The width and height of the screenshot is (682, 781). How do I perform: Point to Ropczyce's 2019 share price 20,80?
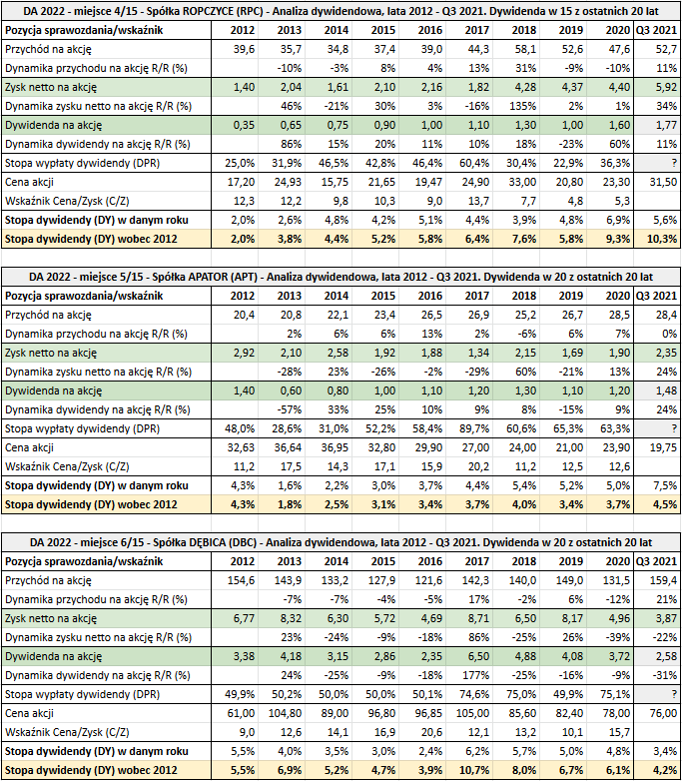(569, 182)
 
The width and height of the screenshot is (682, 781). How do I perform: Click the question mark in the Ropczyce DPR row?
(674, 163)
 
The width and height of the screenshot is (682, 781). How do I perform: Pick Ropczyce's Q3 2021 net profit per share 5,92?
(666, 87)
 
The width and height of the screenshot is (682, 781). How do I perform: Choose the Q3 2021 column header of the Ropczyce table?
(657, 30)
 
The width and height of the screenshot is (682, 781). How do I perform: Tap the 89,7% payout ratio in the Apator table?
(475, 428)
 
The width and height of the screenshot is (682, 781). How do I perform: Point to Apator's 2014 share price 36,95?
(335, 447)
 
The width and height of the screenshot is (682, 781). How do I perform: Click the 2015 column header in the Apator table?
(383, 296)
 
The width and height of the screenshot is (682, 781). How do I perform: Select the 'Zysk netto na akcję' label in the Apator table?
(51, 354)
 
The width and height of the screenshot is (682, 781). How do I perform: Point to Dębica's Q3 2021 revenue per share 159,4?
(664, 581)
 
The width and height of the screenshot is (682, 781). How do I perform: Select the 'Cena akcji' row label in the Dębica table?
(29, 714)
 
